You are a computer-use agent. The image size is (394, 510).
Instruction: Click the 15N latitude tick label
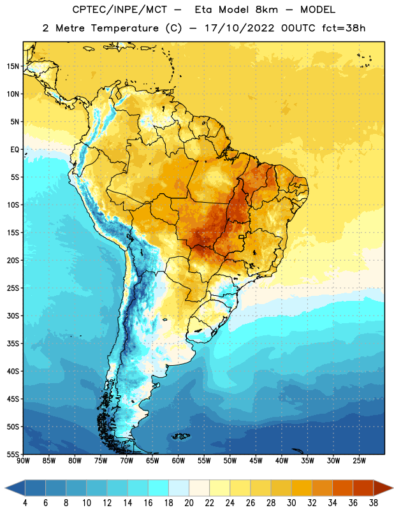tap(13, 66)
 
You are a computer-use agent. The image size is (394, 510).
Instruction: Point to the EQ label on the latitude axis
tap(15, 150)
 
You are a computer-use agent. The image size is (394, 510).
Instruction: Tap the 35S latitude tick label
tap(13, 344)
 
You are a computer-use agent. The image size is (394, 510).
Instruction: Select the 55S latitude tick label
tap(13, 454)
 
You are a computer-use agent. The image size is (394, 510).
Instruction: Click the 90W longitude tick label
tap(23, 461)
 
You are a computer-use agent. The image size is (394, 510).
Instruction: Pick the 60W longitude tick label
tap(179, 461)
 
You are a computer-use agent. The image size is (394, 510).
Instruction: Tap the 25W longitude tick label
tap(359, 461)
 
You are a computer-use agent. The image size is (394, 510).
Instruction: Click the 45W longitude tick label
tap(256, 461)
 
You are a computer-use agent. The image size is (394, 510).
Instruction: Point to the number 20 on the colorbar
tap(189, 503)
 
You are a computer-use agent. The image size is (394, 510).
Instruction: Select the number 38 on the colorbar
tap(373, 503)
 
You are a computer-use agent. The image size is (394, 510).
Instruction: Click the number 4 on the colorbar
tap(25, 503)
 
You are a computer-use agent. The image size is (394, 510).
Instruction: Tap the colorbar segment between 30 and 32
tap(302, 488)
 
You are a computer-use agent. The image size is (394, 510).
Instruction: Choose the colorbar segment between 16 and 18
tap(158, 488)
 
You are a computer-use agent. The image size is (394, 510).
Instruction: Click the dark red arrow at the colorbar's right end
tap(383, 488)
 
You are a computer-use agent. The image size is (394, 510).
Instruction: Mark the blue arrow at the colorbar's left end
tap(15, 488)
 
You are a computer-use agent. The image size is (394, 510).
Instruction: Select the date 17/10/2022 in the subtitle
tap(239, 28)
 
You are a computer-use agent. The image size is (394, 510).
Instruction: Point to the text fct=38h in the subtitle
tap(344, 28)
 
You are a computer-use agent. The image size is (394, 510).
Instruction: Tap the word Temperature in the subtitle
tap(124, 28)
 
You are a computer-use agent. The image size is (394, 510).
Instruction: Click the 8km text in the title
tap(266, 10)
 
